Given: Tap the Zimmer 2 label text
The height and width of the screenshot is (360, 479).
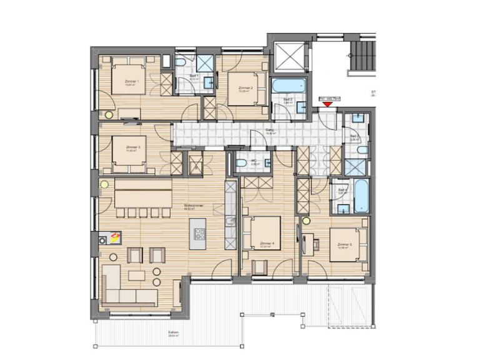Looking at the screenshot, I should tap(245, 88).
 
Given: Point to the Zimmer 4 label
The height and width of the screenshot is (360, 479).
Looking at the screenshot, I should tap(267, 243).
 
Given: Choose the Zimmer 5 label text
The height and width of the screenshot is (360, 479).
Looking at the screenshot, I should tap(344, 245).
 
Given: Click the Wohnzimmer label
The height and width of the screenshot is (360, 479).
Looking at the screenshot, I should tap(191, 206).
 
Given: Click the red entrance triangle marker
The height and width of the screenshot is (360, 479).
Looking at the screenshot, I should tap(328, 104).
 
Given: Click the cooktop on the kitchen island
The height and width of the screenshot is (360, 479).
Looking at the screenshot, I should tap(200, 234).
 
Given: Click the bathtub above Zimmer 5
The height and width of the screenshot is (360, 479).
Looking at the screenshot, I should tap(360, 195).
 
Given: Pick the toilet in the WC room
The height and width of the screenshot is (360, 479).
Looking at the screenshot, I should tap(242, 164).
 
